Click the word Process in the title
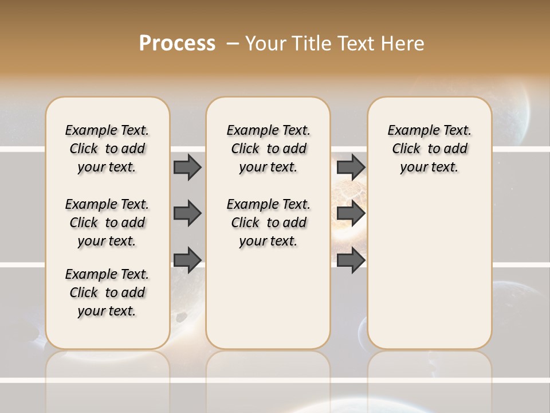tap(177, 44)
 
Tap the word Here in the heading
tap(403, 44)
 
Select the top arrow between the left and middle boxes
tap(187, 167)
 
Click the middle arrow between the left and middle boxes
tap(187, 213)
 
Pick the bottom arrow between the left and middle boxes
tap(187, 260)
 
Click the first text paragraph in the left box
tap(107, 149)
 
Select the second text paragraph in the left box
tap(107, 223)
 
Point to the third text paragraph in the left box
tap(107, 293)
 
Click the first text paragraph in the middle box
tap(268, 149)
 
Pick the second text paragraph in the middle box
tap(268, 223)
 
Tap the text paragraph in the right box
tap(429, 149)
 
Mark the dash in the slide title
tap(232, 44)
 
